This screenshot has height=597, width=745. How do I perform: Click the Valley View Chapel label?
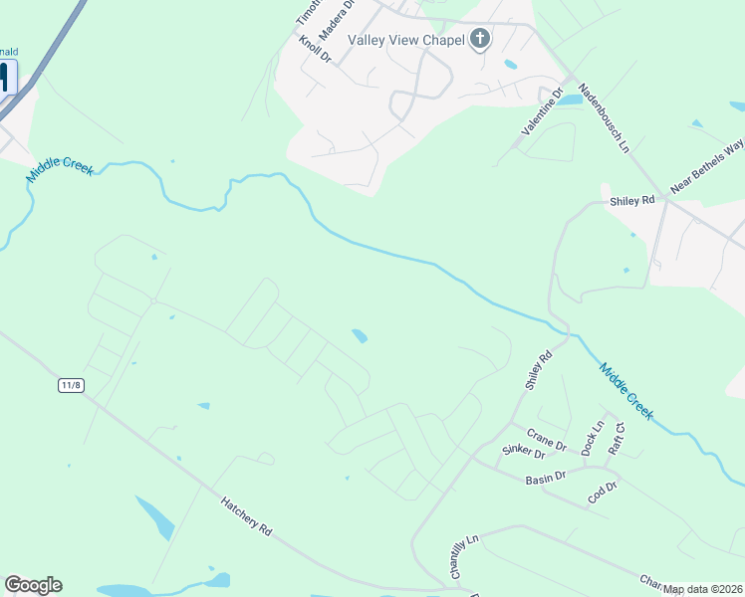click(406, 40)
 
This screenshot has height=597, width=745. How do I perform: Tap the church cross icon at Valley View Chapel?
click(480, 40)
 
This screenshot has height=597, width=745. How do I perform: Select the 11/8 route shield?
click(70, 385)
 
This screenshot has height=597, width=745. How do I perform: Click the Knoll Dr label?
click(315, 51)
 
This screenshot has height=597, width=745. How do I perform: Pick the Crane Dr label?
click(546, 438)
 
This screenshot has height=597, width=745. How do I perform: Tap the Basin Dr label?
click(545, 478)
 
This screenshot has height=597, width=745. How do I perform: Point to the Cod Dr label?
click(603, 492)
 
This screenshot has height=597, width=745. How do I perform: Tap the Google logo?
click(33, 585)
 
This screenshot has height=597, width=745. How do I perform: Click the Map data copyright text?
click(702, 589)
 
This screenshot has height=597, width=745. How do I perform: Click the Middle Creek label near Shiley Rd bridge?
click(625, 390)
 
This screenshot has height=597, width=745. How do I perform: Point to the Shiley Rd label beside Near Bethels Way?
click(631, 200)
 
